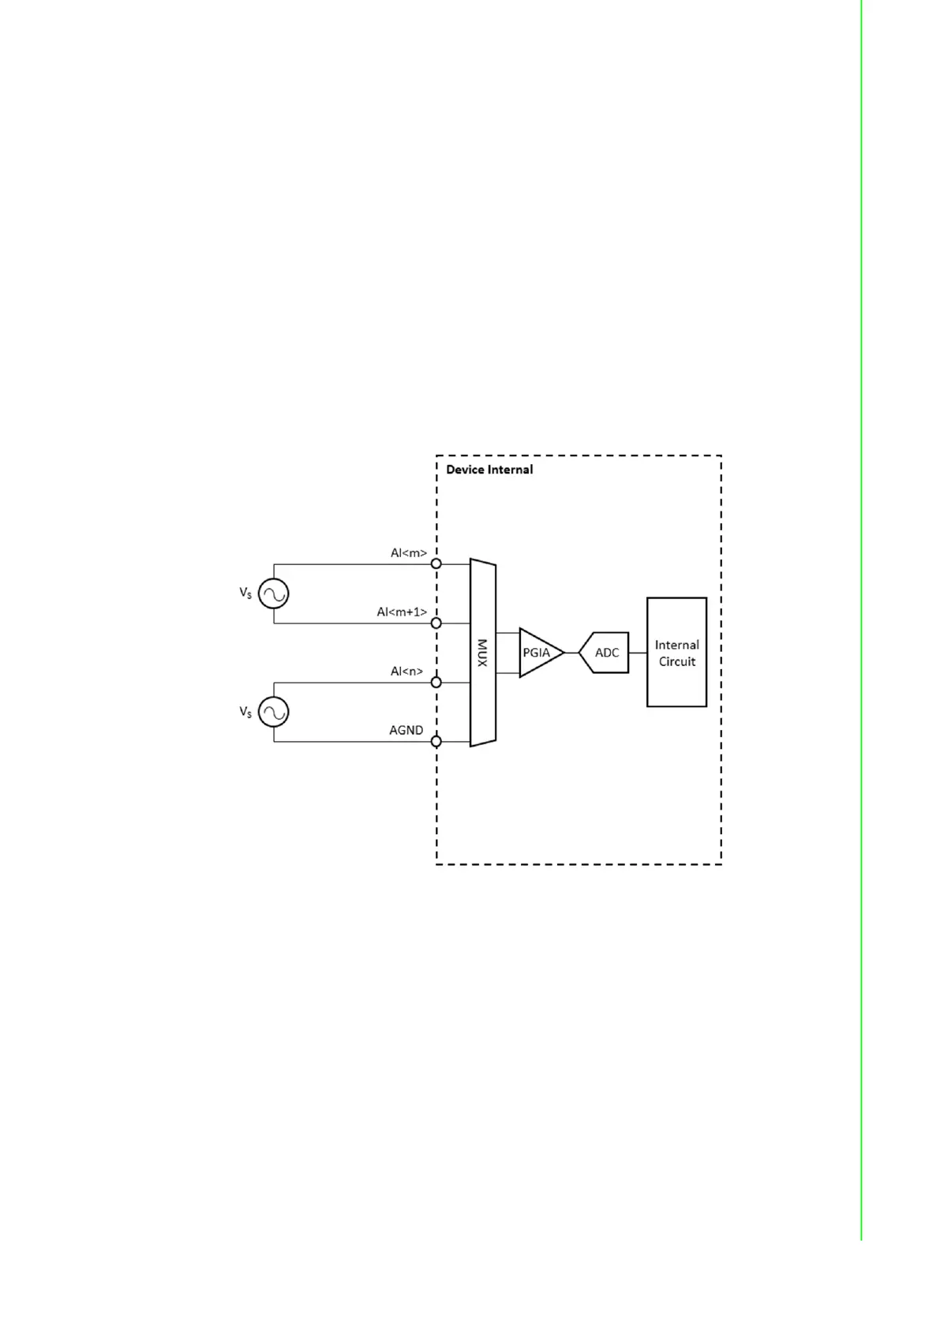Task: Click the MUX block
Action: tap(482, 653)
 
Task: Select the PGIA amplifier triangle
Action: tap(538, 653)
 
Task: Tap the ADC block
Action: tap(605, 653)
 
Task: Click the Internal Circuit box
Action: tap(676, 652)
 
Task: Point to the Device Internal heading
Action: tap(489, 470)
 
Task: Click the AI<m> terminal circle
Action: tap(436, 563)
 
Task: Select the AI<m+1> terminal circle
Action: tap(436, 623)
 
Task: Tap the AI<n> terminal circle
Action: tap(436, 682)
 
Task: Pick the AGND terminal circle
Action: tap(436, 741)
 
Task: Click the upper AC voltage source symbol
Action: tap(274, 593)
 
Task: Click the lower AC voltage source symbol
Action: tap(274, 712)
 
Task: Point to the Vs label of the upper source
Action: tap(245, 593)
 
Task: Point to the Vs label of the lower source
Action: tap(245, 712)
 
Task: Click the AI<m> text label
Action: tap(408, 553)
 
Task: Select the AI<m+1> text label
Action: tap(402, 612)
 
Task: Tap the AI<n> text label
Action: tap(406, 672)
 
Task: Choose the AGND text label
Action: tap(406, 731)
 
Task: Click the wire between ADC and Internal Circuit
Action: tap(638, 653)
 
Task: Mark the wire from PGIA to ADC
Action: tap(571, 653)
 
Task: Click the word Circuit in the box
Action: tap(677, 661)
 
